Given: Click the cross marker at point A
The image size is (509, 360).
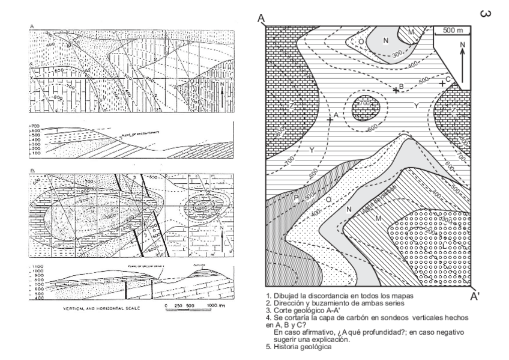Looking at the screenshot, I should (x=330, y=119).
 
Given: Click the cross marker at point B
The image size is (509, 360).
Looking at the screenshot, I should (x=396, y=90).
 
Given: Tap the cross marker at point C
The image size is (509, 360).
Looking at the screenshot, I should (x=442, y=83).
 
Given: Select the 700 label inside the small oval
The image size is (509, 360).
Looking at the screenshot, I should (x=366, y=103).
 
